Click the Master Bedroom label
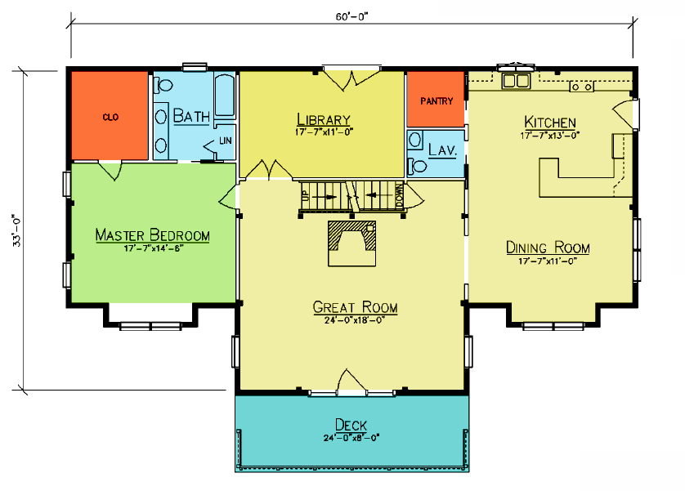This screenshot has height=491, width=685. [x=153, y=234]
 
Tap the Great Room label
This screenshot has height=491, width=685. [x=355, y=307]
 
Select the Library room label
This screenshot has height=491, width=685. [x=324, y=119]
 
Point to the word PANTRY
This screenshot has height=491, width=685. [x=437, y=101]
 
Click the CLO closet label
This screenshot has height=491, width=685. [x=110, y=117]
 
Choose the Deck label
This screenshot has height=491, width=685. [x=351, y=425]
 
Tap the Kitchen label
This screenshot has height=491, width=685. [x=550, y=123]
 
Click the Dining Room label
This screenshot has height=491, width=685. [x=548, y=248]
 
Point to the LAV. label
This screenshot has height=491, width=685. [x=442, y=150]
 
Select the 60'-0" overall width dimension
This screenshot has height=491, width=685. [x=352, y=16]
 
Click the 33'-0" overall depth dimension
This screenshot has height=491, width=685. [x=16, y=230]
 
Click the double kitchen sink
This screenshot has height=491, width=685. [x=516, y=81]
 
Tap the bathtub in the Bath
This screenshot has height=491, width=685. [x=225, y=96]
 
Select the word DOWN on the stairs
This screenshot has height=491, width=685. [x=399, y=196]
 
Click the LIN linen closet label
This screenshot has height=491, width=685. [x=226, y=141]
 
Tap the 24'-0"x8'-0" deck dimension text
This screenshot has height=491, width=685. [x=351, y=437]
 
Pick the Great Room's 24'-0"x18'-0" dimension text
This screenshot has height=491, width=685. [x=354, y=320]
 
